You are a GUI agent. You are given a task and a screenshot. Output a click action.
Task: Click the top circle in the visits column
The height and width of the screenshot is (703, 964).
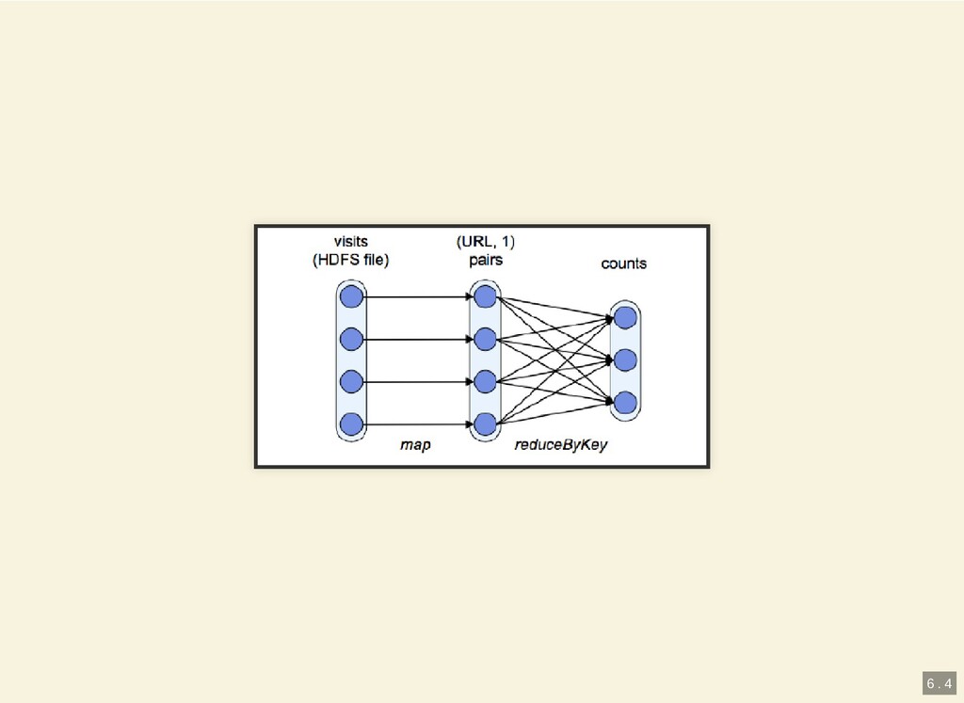click(x=350, y=296)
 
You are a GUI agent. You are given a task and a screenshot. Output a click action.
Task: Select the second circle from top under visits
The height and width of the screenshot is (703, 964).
click(x=350, y=339)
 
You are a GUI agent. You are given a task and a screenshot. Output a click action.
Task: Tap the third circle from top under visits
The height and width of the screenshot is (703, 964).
click(x=350, y=381)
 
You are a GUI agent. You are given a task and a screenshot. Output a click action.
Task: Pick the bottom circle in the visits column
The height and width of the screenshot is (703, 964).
click(x=350, y=423)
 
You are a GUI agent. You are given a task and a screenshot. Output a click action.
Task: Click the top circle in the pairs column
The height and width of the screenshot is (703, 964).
click(x=485, y=296)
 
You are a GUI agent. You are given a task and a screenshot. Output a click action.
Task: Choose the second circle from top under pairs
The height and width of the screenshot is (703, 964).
click(x=485, y=339)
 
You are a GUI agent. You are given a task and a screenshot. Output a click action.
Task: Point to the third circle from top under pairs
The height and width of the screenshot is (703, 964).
click(x=485, y=381)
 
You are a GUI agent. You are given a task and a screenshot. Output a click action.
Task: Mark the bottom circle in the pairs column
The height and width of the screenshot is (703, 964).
click(x=485, y=423)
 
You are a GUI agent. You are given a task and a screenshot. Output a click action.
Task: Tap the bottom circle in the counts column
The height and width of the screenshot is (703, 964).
click(x=625, y=402)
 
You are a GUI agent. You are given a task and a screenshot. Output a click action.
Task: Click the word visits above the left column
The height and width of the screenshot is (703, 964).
click(x=350, y=241)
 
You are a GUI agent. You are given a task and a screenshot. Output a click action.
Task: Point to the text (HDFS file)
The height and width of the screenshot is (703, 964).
click(x=350, y=261)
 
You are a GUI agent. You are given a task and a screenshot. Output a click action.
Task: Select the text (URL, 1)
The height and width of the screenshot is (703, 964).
click(x=485, y=240)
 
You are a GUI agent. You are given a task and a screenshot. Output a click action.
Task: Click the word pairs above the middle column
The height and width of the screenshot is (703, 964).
click(x=485, y=260)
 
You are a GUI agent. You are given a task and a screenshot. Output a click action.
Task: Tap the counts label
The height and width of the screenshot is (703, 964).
click(x=624, y=264)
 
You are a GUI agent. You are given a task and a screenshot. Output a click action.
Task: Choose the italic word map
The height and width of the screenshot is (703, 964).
click(x=415, y=445)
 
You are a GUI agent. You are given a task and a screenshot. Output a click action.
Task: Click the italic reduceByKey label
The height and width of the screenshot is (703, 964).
click(x=561, y=445)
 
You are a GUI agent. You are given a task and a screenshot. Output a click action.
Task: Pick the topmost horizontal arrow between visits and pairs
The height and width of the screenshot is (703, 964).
click(x=417, y=296)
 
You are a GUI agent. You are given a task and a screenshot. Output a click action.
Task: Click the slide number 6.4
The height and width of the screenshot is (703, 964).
click(x=938, y=683)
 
